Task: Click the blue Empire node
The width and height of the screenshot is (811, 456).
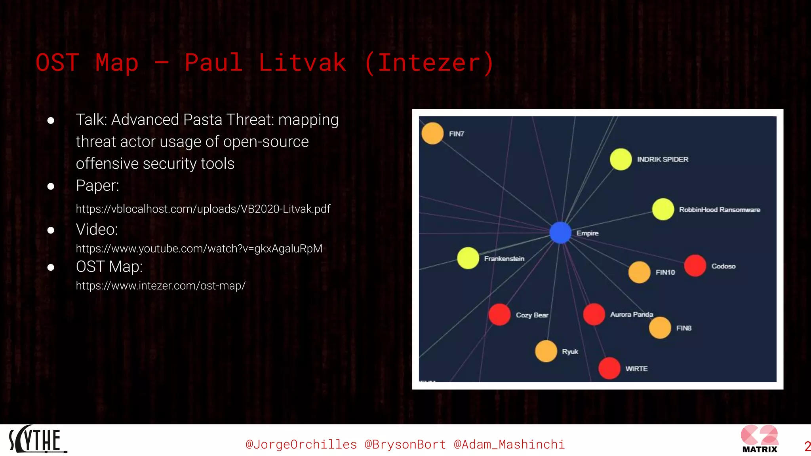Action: pos(560,232)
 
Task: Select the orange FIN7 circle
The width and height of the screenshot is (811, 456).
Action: pos(432,133)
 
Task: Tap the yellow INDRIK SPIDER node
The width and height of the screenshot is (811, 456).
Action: pos(621,159)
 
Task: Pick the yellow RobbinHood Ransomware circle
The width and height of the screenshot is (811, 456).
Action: pos(663,209)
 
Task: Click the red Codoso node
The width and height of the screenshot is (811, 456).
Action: pos(695,266)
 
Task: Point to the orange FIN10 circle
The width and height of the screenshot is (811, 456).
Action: pos(639,272)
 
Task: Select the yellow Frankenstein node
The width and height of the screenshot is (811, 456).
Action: pos(468,258)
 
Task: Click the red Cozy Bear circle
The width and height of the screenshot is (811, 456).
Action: pos(499,315)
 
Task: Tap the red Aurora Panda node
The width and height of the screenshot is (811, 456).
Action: pos(594,315)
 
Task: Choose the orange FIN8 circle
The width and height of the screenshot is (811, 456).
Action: pos(660,328)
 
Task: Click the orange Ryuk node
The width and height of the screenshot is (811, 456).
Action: pos(546,351)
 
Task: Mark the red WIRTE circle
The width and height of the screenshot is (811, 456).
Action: pos(609,368)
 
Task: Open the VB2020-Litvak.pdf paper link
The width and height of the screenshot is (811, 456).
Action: pos(203,209)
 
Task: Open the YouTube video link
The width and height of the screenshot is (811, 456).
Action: pos(199,249)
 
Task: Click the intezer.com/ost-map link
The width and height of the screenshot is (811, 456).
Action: pos(160,286)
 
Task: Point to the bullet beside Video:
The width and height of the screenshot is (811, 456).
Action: pos(51,230)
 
